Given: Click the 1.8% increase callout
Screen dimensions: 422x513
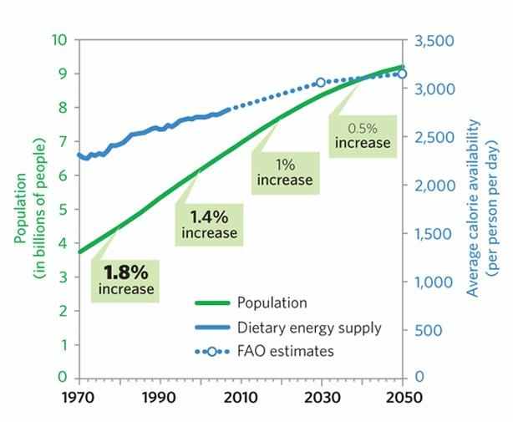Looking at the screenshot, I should (126, 280).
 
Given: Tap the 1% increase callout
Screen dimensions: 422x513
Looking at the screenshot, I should (285, 171).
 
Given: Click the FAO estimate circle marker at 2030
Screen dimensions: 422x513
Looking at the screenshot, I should (321, 83).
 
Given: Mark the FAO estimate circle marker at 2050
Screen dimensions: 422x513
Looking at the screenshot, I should (401, 74).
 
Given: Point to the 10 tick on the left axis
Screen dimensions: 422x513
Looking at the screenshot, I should (59, 39).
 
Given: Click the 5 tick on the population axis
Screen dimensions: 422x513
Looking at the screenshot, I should (63, 209).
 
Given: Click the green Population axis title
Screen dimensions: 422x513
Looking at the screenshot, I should (26, 209).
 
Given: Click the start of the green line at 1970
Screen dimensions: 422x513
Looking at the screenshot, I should (80, 251).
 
